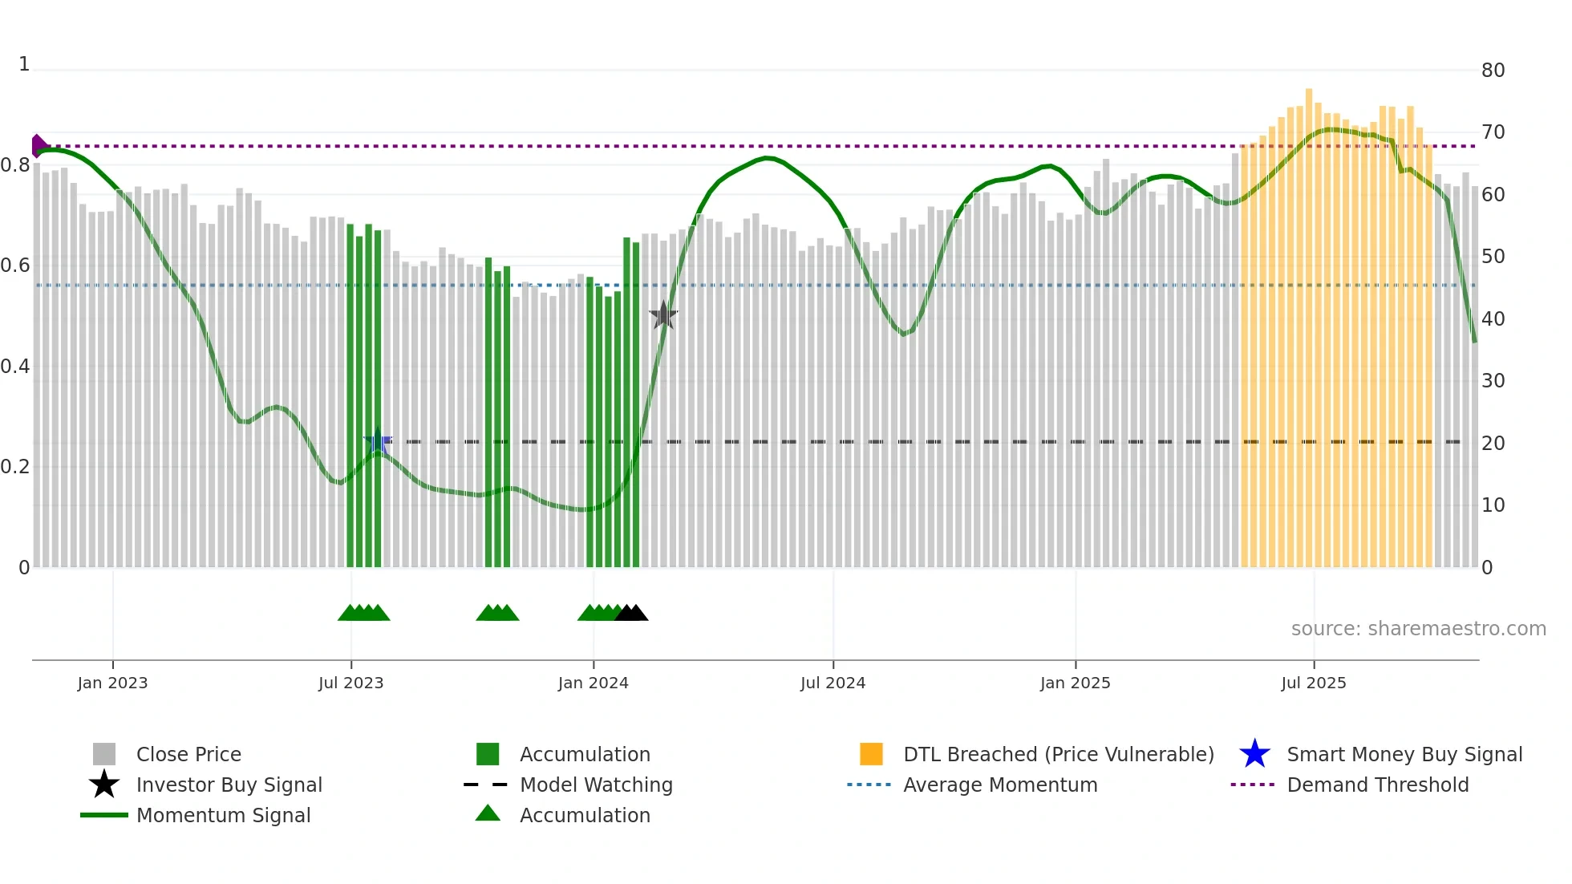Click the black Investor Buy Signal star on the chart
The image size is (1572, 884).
click(663, 316)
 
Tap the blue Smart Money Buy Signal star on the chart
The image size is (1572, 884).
click(378, 442)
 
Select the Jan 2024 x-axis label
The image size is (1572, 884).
click(593, 683)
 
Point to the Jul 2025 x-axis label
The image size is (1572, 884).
click(1313, 683)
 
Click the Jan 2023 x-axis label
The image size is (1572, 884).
click(112, 683)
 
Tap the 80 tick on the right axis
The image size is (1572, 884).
click(1493, 71)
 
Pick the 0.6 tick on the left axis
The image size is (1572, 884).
click(16, 266)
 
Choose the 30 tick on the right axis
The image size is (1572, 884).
click(1493, 381)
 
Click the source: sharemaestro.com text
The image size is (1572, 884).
click(1418, 629)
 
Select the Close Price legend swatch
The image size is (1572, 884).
click(104, 754)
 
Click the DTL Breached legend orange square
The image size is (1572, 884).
click(871, 754)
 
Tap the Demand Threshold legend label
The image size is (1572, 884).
click(1377, 785)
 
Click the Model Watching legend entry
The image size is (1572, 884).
click(596, 785)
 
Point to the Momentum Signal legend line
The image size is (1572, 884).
click(104, 815)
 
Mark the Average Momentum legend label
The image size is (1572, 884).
click(1000, 785)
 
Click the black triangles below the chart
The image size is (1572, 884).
click(631, 614)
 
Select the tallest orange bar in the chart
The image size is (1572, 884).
click(1309, 321)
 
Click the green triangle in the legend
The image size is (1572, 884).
click(488, 814)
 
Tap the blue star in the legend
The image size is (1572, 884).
click(1254, 754)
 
